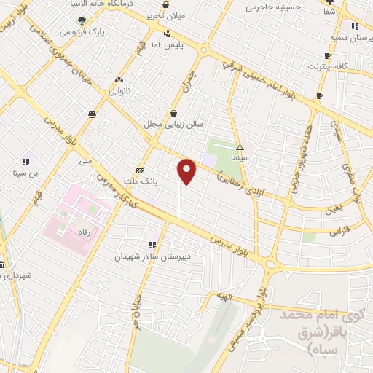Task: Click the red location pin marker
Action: coord(188,171)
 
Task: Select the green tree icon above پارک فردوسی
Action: coord(81,20)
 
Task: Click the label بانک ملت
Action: coord(141,181)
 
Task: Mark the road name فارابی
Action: coord(340,233)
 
